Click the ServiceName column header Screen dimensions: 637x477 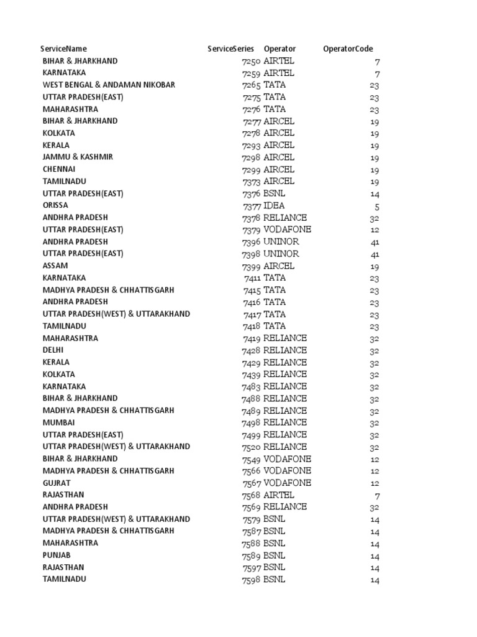63,49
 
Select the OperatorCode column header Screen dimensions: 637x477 348,49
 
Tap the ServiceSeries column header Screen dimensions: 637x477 230,49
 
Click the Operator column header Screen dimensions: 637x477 279,49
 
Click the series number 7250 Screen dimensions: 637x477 252,61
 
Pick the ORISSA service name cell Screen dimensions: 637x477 55,205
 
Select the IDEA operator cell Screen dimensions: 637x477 274,205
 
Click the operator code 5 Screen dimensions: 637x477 376,206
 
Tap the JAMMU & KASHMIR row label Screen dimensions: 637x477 78,157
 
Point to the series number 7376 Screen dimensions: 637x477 252,193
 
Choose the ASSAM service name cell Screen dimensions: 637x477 55,266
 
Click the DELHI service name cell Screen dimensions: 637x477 53,350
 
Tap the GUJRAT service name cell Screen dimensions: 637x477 57,483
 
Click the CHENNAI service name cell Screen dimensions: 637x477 59,169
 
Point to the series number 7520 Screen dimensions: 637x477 252,447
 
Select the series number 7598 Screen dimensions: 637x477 252,579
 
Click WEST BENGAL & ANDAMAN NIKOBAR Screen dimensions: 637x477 109,85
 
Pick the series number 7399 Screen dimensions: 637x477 252,266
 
